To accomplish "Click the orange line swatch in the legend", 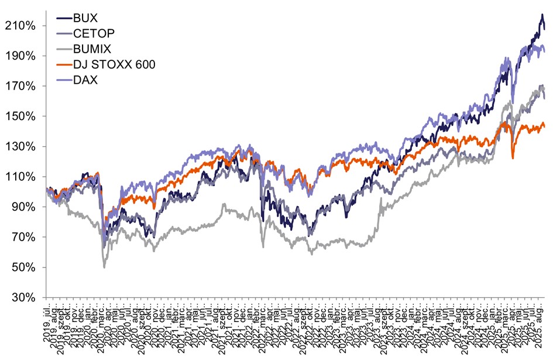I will tap(63, 64).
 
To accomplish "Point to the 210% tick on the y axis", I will tap(23, 26).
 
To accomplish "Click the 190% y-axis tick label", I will tap(23, 56).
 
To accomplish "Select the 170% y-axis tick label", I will tap(23, 86).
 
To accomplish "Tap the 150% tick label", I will tap(23, 116).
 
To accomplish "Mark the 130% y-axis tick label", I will tap(23, 147).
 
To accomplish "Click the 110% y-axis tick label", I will tap(23, 177).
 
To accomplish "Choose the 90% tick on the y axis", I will tap(26, 207).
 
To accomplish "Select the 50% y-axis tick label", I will tap(26, 268).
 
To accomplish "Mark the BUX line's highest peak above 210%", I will tap(541, 15).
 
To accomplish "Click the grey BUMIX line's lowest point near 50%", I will tap(105, 268).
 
